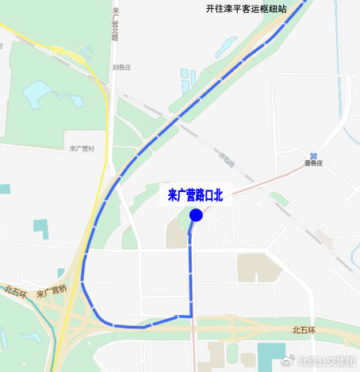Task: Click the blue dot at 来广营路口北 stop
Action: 197,215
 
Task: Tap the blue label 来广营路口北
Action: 197,194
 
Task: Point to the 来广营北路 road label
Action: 116,24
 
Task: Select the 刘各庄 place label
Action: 124,67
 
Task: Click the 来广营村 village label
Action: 82,148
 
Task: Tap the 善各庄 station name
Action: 315,164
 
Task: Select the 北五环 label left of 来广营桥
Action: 15,291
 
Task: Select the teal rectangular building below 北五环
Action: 274,355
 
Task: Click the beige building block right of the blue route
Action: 259,267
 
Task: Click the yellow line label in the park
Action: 68,53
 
